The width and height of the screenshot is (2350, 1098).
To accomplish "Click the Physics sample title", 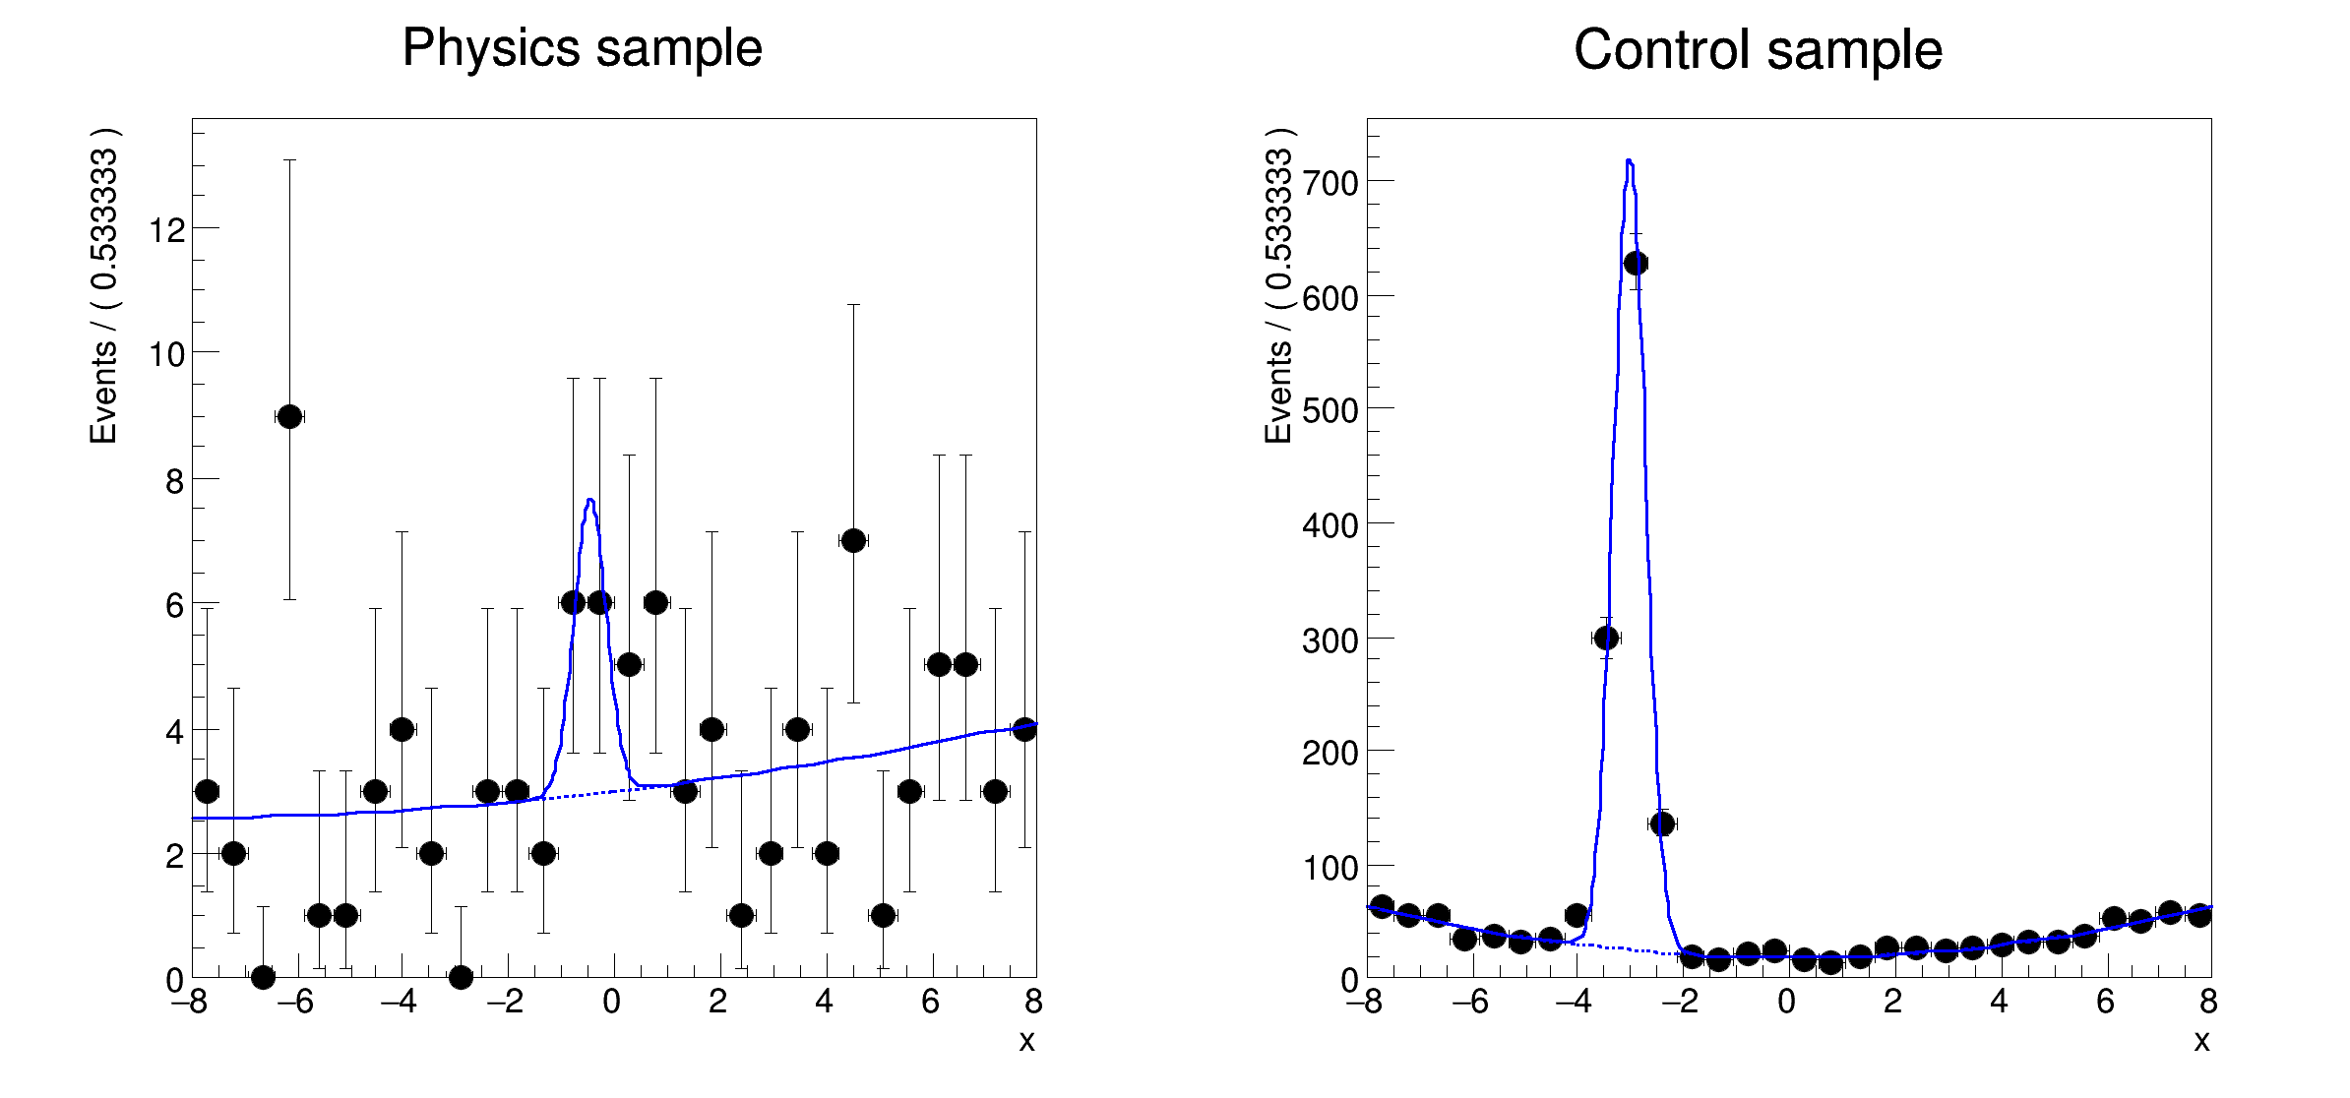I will pyautogui.click(x=582, y=48).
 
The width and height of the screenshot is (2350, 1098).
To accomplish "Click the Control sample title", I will pyautogui.click(x=1758, y=50).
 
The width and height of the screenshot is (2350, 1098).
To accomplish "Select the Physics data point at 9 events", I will pyautogui.click(x=289, y=416).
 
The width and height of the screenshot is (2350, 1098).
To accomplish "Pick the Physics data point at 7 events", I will pyautogui.click(x=853, y=540).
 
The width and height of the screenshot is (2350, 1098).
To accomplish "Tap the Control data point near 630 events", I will pyautogui.click(x=1636, y=263).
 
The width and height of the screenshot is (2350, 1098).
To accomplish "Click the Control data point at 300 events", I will pyautogui.click(x=1606, y=638).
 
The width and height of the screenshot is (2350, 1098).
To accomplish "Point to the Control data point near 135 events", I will pyautogui.click(x=1662, y=823).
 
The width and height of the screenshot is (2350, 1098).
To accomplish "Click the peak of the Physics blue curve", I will pyautogui.click(x=589, y=500).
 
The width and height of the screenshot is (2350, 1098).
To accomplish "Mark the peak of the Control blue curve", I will pyautogui.click(x=1629, y=160).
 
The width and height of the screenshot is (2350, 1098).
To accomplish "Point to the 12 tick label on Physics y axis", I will pyautogui.click(x=166, y=230).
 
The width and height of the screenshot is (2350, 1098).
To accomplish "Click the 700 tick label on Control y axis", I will pyautogui.click(x=1330, y=183).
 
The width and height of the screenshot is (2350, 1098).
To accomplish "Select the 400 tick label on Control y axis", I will pyautogui.click(x=1330, y=525).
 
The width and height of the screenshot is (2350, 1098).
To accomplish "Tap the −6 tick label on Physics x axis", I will pyautogui.click(x=293, y=1003).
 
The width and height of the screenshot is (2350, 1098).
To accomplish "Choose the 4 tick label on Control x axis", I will pyautogui.click(x=1999, y=1003).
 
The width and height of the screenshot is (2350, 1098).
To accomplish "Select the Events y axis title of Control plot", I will pyautogui.click(x=1278, y=285).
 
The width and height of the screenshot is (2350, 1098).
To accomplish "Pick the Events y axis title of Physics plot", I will pyautogui.click(x=103, y=285).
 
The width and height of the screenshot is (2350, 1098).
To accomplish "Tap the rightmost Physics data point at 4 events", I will pyautogui.click(x=1024, y=729).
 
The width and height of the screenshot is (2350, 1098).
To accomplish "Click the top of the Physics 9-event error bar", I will pyautogui.click(x=289, y=159).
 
